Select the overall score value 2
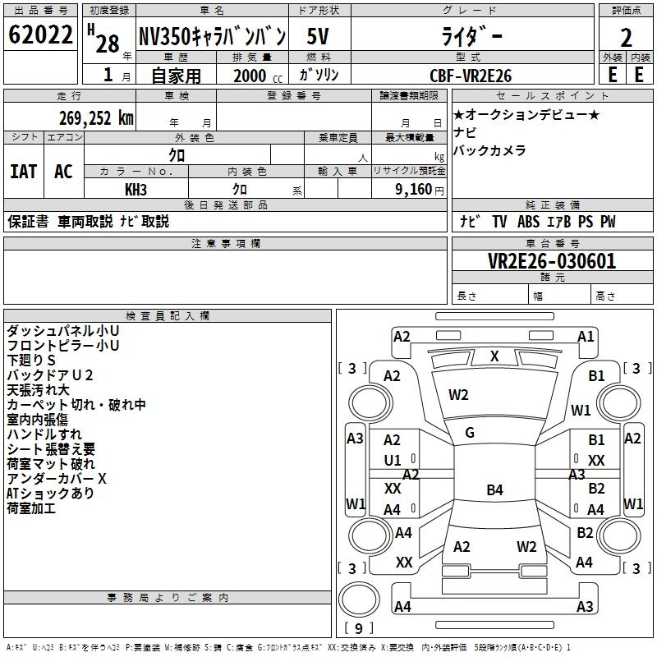[x=626, y=38]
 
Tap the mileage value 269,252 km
[x=96, y=117]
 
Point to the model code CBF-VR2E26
[x=471, y=76]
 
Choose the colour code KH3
[x=136, y=189]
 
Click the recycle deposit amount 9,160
[x=412, y=190]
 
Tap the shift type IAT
[x=23, y=172]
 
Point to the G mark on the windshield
[x=470, y=433]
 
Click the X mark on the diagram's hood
[x=494, y=356]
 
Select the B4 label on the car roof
[x=494, y=490]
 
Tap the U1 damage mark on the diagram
[x=393, y=461]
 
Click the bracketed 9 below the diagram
[x=358, y=628]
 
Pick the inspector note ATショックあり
[x=50, y=493]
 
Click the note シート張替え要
[x=51, y=448]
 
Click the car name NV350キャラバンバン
[x=212, y=37]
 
